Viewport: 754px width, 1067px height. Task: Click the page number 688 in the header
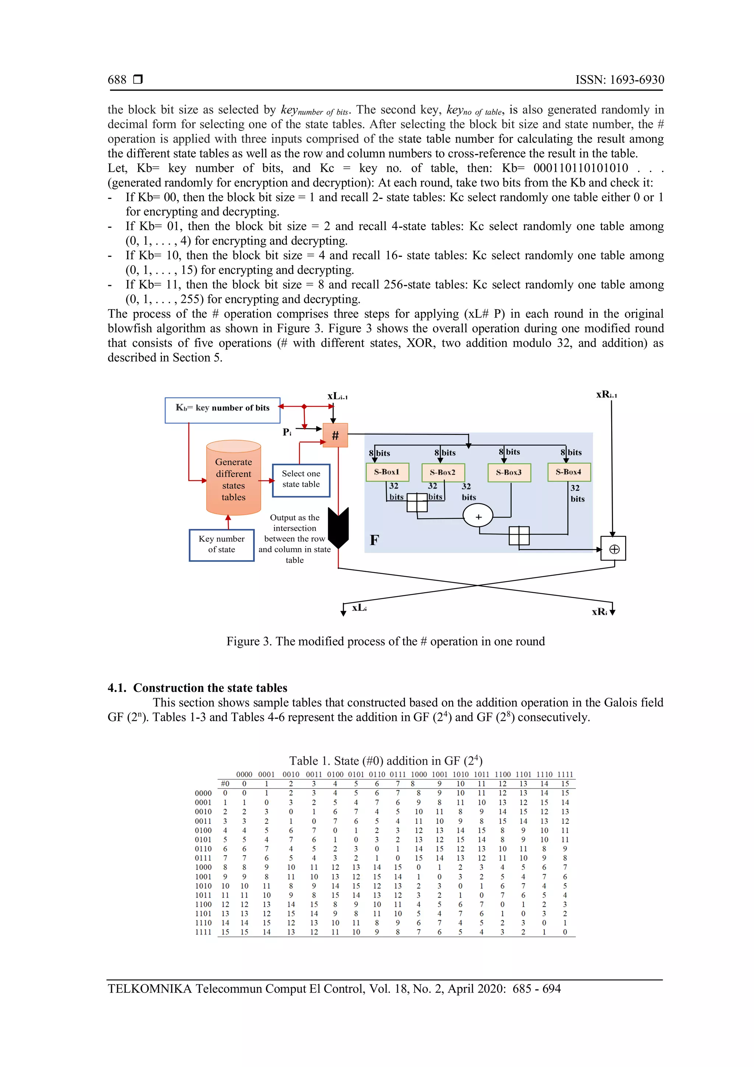tap(117, 80)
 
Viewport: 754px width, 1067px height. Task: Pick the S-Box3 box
tap(509, 473)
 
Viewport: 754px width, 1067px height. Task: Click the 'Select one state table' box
tap(301, 480)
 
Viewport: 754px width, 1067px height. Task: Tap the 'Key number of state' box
tap(222, 545)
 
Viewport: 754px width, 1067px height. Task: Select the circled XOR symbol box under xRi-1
tap(614, 549)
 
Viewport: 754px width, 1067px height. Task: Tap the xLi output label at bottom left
tap(359, 608)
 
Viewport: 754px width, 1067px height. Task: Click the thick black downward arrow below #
tap(338, 528)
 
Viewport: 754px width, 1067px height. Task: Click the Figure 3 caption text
tap(385, 641)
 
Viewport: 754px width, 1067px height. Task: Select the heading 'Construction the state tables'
tap(210, 688)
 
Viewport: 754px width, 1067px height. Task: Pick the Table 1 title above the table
tap(385, 761)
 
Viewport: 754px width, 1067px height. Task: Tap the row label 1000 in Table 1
tap(203, 867)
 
